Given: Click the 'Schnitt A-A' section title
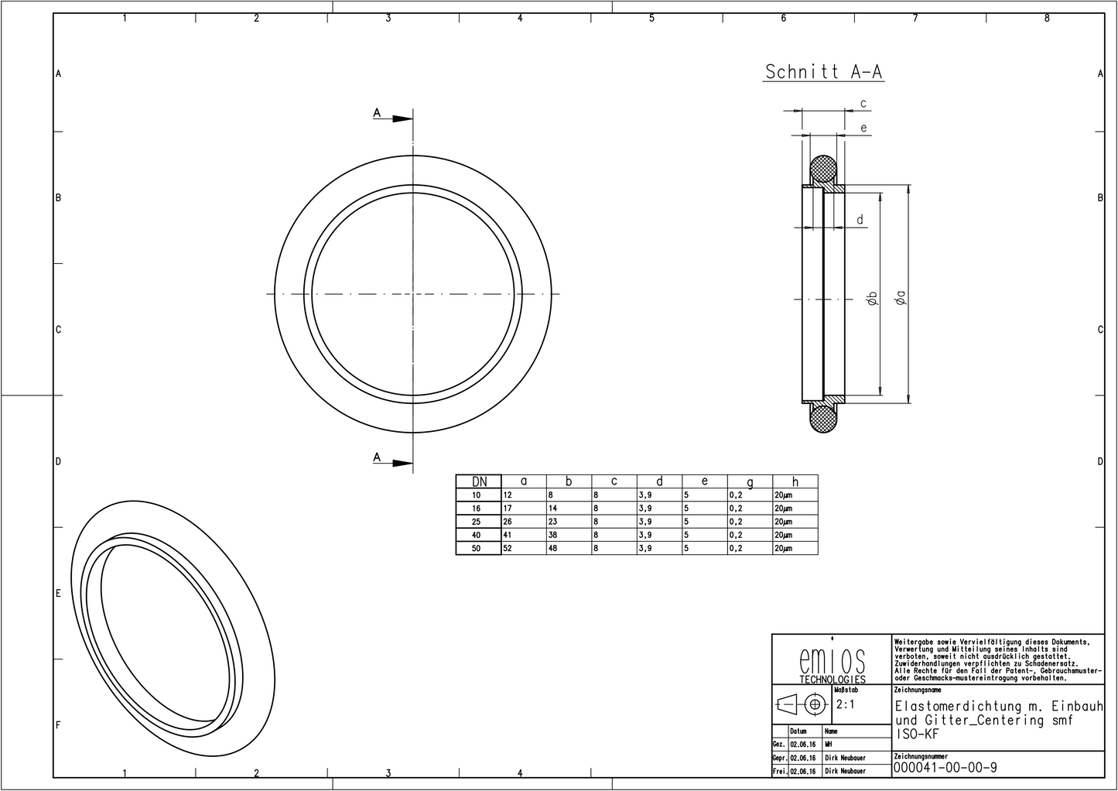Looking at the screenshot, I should click(823, 72).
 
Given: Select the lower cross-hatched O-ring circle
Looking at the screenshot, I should click(823, 419).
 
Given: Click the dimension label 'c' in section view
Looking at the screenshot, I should click(863, 104).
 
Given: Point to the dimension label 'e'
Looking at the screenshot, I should click(863, 128).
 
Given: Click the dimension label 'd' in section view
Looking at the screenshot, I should click(860, 221).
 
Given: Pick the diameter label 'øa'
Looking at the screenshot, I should click(898, 298).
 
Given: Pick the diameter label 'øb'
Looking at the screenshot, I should click(871, 298).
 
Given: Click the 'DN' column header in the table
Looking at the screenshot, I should click(479, 481).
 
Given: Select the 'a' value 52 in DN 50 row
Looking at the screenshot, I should click(508, 549).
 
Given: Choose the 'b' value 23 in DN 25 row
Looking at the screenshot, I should click(552, 522).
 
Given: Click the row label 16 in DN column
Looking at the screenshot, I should click(477, 508).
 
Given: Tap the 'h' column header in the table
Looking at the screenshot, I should click(795, 481).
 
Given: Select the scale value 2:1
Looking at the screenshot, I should click(846, 705).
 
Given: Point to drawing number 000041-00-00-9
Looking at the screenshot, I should click(945, 768).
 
